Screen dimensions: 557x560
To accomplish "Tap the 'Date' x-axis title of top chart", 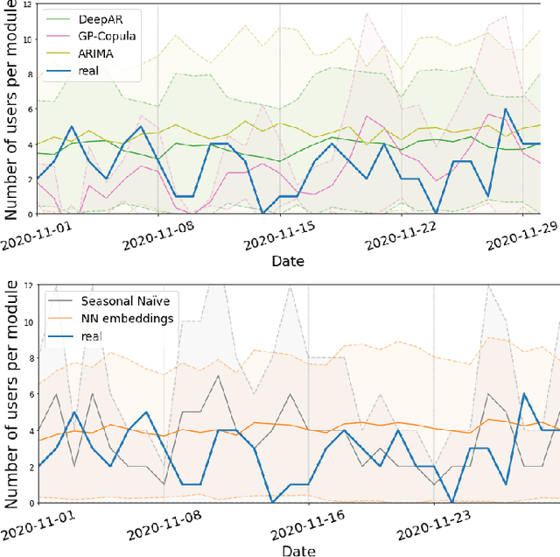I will pos(288,261).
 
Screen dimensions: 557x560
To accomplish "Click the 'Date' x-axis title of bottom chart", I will pos(288,549).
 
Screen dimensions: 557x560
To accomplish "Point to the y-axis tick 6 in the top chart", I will pos(30,109).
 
